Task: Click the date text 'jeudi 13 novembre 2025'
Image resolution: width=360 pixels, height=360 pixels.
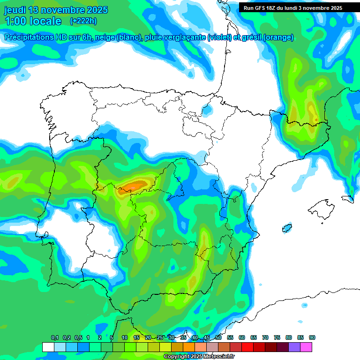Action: coord(56,10)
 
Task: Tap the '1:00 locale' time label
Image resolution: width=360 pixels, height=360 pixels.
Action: coord(33,21)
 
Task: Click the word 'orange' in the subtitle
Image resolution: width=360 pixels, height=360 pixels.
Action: coord(280,37)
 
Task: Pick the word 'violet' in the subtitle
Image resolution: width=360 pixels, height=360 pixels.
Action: coord(219,37)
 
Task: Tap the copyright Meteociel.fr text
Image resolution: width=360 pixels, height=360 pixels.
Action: coord(199,357)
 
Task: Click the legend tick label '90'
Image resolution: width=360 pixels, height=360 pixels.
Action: coord(312,337)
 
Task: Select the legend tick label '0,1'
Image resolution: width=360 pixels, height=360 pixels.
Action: coord(54,337)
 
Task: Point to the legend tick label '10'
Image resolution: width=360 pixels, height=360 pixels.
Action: coord(125,337)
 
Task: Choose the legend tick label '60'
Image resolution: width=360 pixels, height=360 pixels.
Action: coord(242,337)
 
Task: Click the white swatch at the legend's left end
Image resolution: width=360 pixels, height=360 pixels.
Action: coord(48,347)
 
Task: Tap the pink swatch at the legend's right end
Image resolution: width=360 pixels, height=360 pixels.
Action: coord(306,347)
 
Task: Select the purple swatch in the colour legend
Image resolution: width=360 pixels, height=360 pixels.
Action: coord(294,347)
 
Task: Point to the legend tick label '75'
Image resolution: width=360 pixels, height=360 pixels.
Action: coord(277,337)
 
